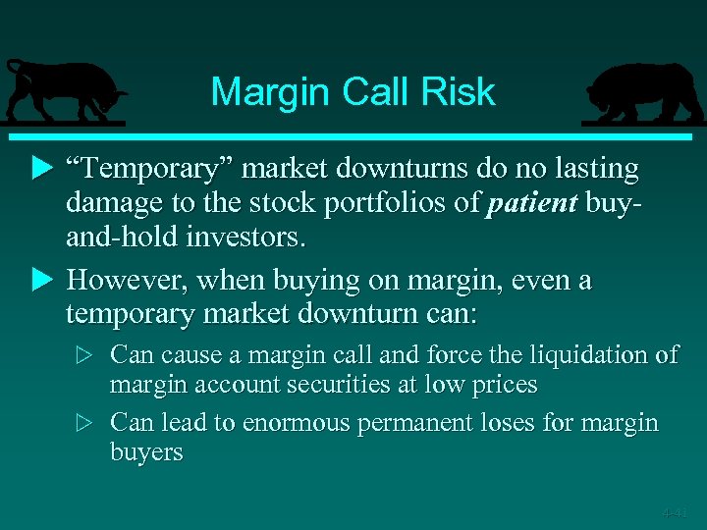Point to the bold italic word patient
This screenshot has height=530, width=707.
pyautogui.click(x=531, y=203)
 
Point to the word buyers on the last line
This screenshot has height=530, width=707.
pyautogui.click(x=146, y=452)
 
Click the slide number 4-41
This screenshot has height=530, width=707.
pyautogui.click(x=675, y=512)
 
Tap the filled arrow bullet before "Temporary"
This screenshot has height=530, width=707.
pyautogui.click(x=40, y=170)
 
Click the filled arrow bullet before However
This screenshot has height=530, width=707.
pyautogui.click(x=40, y=281)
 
